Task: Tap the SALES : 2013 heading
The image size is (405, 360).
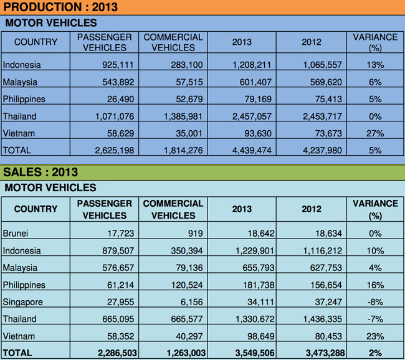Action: click(x=41, y=172)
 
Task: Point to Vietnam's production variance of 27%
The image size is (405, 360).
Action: click(x=375, y=133)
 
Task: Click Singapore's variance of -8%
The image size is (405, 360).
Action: click(x=375, y=302)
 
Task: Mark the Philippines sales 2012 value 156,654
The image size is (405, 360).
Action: click(x=322, y=285)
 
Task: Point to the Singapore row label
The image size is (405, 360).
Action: click(x=24, y=302)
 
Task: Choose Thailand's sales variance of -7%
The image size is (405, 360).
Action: click(x=375, y=319)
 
